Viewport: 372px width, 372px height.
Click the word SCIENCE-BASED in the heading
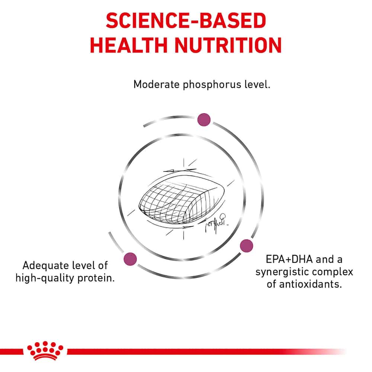click(186, 20)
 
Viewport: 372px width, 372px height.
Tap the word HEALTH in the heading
click(129, 45)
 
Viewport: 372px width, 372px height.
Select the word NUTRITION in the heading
click(228, 45)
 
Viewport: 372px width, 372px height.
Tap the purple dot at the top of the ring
click(204, 119)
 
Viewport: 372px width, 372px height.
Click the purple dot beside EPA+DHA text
click(247, 246)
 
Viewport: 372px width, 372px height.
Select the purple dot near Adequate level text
click(130, 259)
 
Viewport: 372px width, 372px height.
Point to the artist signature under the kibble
click(215, 222)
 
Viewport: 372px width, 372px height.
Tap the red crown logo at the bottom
click(45, 351)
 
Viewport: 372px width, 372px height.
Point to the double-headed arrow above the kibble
click(180, 170)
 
